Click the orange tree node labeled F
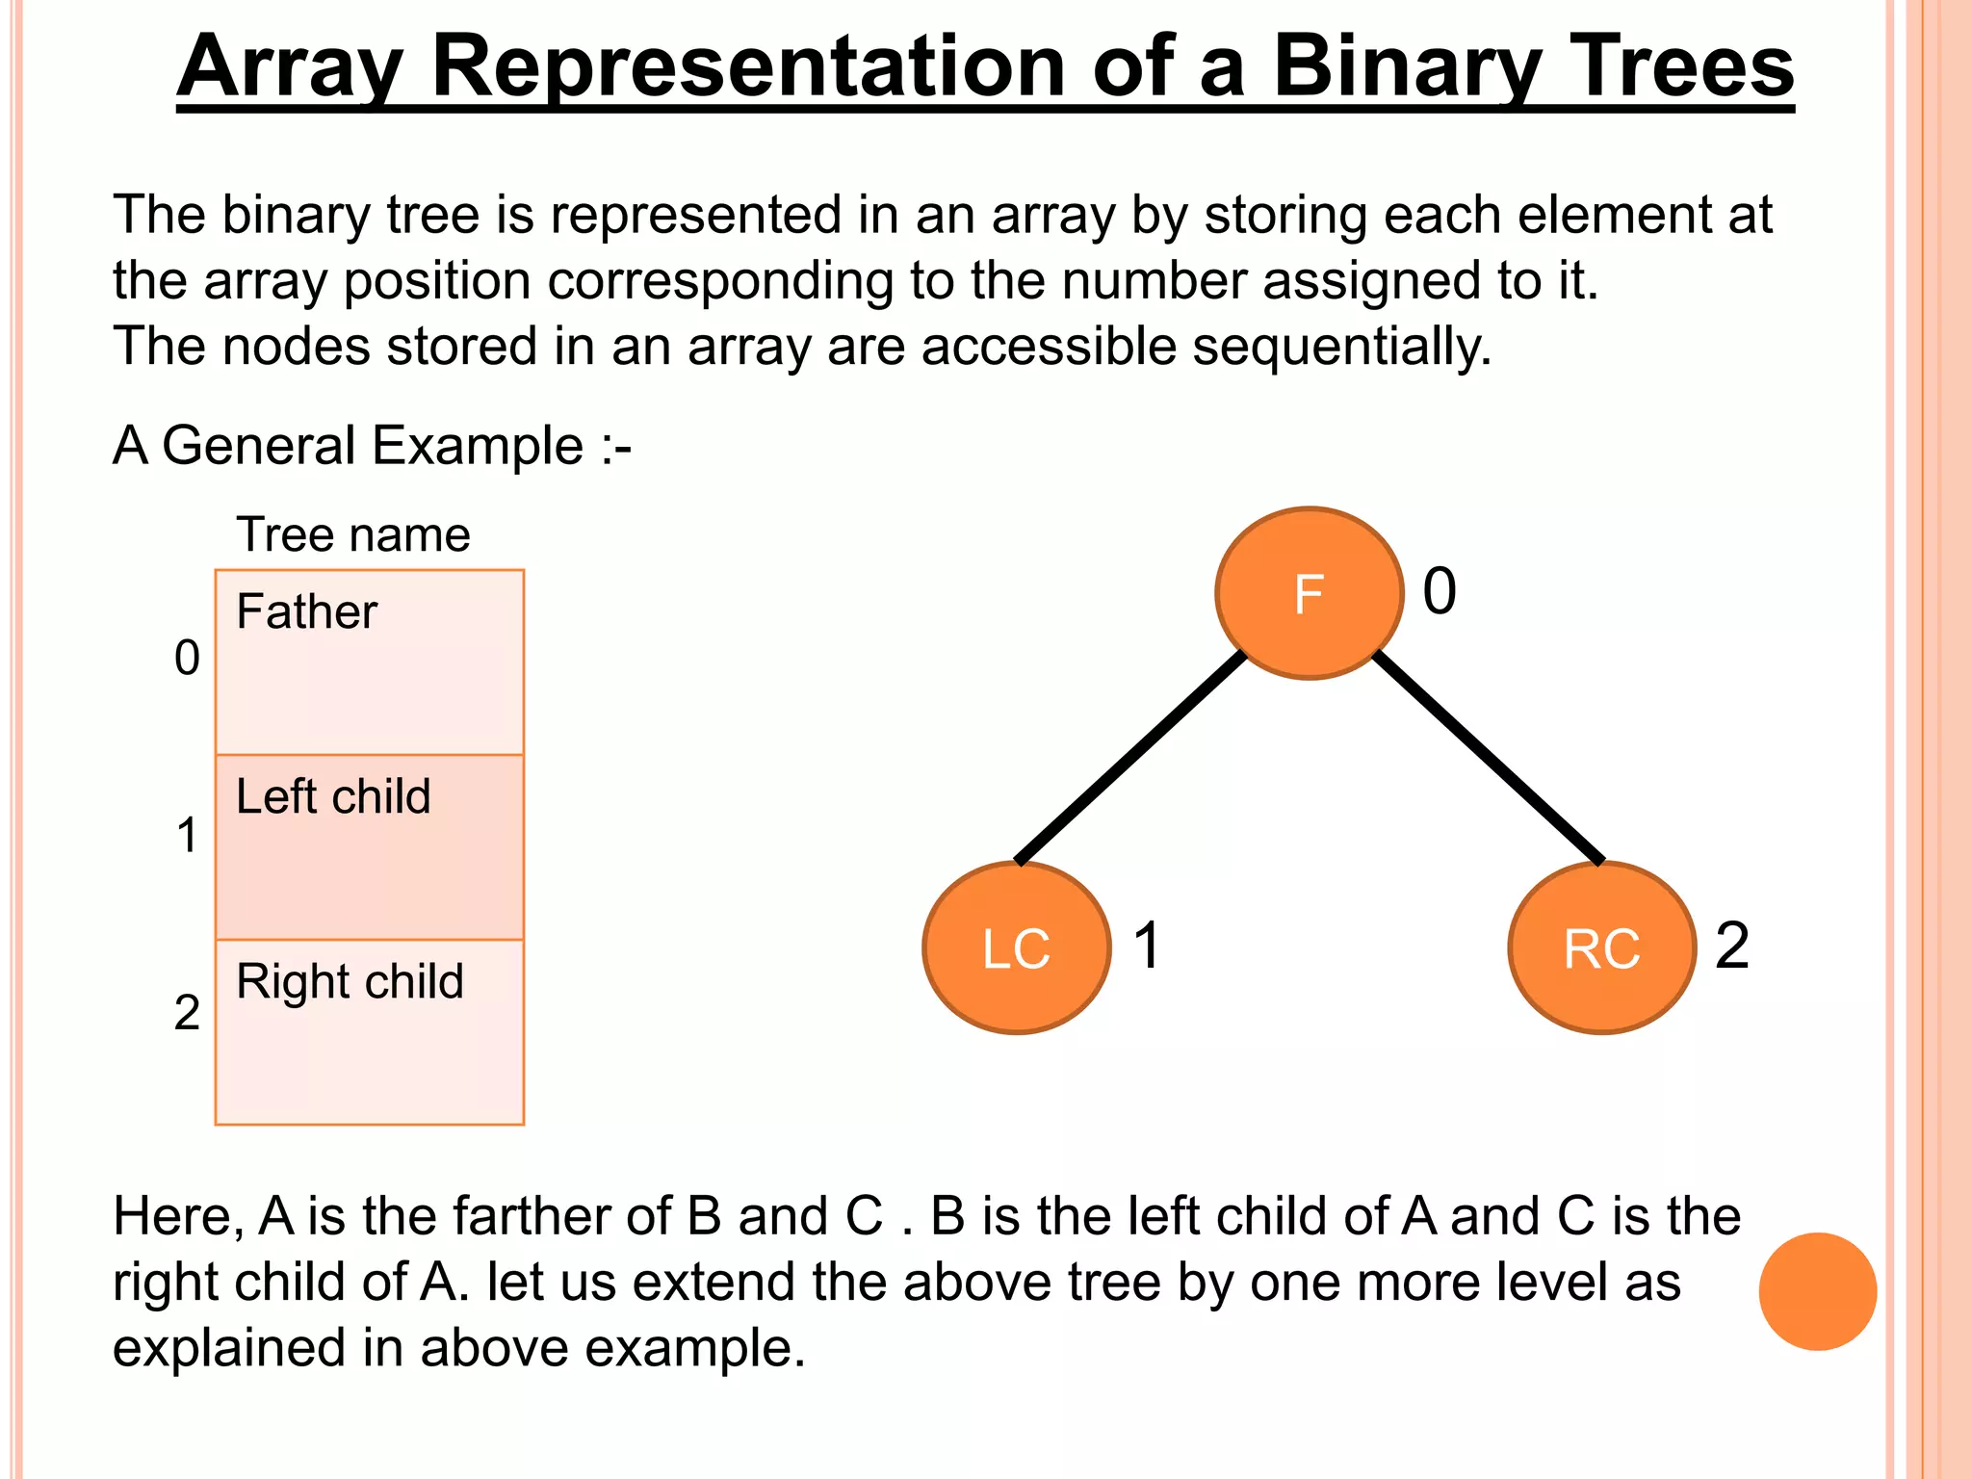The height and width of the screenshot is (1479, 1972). (x=1309, y=593)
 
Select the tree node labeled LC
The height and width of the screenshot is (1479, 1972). (x=1016, y=948)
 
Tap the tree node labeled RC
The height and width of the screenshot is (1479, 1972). (x=1601, y=948)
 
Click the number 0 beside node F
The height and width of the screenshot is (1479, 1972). (x=1440, y=591)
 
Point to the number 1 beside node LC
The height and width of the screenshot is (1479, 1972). (x=1147, y=946)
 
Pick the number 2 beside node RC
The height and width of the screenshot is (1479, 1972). (x=1731, y=946)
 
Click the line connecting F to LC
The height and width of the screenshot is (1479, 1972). (x=1131, y=758)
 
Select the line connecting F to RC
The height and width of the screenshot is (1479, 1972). (x=1488, y=758)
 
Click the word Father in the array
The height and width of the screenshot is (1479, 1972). (x=306, y=612)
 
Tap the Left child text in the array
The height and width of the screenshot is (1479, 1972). (x=333, y=797)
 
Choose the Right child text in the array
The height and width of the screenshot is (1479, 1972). (x=350, y=982)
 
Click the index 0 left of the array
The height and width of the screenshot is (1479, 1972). (x=187, y=659)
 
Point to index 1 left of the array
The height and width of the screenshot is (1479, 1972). (x=187, y=836)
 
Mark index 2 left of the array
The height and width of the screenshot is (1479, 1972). (x=187, y=1013)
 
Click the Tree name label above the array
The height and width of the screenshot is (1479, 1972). (x=353, y=534)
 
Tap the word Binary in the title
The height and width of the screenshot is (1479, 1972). (x=1406, y=67)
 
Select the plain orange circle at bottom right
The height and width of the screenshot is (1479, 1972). (x=1817, y=1291)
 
